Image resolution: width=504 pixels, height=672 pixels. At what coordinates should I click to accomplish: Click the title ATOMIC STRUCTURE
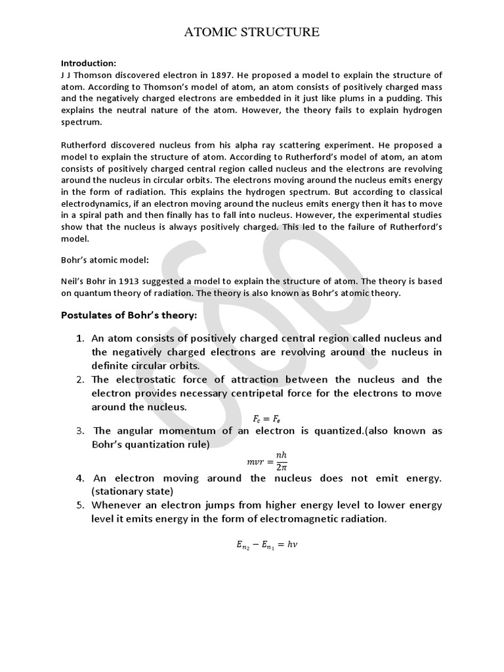click(x=251, y=31)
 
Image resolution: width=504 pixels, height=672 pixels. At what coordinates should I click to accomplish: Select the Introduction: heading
click(x=88, y=63)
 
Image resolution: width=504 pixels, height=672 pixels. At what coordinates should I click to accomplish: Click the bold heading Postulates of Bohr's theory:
click(x=129, y=315)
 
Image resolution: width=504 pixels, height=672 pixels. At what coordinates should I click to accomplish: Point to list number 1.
click(x=80, y=339)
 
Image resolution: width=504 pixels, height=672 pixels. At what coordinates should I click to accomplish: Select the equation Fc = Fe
click(x=266, y=419)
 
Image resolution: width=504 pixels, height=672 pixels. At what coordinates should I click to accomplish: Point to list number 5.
click(x=80, y=505)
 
